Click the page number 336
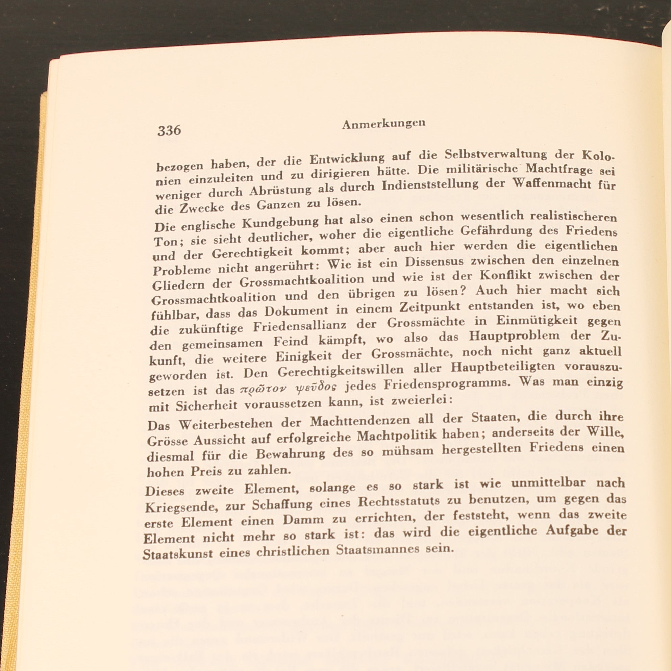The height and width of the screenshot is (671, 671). click(x=169, y=131)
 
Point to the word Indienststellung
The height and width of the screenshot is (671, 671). click(x=430, y=185)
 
